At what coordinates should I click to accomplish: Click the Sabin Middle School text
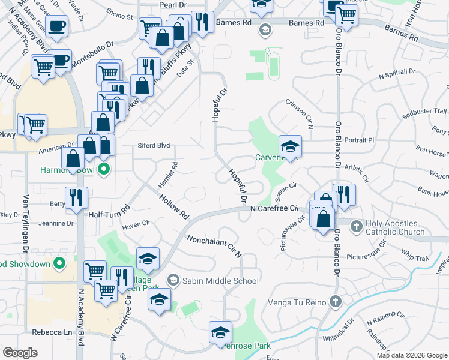220,281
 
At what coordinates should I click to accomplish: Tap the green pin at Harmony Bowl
104,169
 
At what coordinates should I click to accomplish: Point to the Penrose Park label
246,346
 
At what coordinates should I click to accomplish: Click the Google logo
20,352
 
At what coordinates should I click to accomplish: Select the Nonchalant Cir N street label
214,245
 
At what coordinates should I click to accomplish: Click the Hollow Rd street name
174,206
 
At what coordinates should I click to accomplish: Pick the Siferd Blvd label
154,145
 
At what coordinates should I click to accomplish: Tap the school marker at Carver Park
290,146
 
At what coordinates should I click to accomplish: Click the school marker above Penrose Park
220,332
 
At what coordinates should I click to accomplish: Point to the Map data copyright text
411,355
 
